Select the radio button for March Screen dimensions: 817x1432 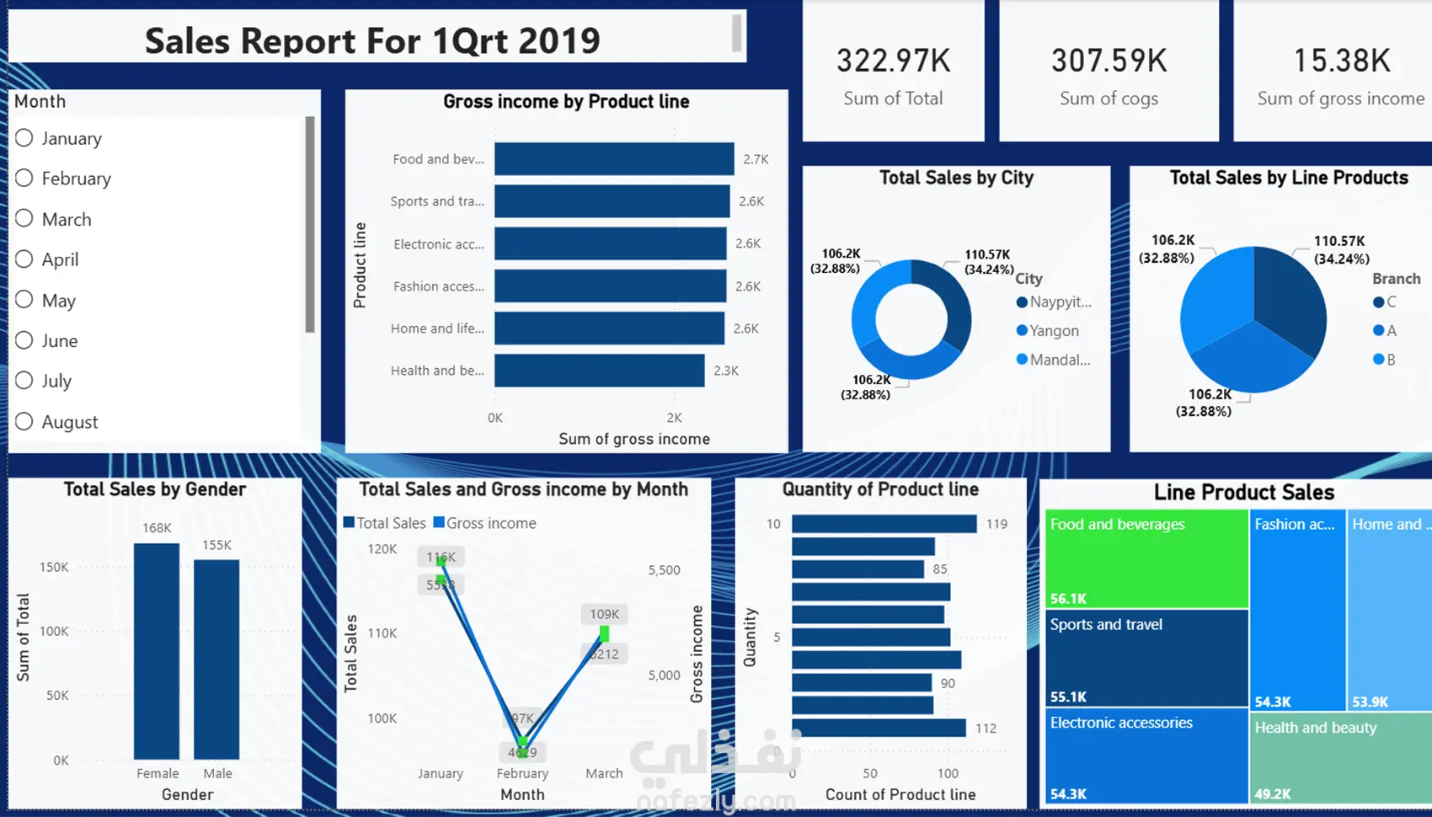point(24,219)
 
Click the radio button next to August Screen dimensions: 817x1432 point(24,421)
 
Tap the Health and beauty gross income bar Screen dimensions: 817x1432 point(599,371)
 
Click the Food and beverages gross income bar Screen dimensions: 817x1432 point(614,159)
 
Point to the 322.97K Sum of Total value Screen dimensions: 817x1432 point(893,61)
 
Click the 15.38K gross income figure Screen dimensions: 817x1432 point(1341,61)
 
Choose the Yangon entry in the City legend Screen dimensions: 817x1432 point(1053,331)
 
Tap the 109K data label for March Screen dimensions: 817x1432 point(604,614)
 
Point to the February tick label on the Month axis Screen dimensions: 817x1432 point(522,773)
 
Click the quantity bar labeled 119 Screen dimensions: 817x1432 point(884,524)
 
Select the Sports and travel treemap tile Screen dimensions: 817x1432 point(1146,657)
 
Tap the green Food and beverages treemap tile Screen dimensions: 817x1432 point(1146,558)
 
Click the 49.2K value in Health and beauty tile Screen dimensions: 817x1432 point(1273,793)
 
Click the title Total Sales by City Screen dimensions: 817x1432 point(956,178)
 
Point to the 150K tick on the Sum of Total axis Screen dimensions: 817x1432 point(54,567)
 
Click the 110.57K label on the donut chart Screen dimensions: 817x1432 point(987,254)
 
